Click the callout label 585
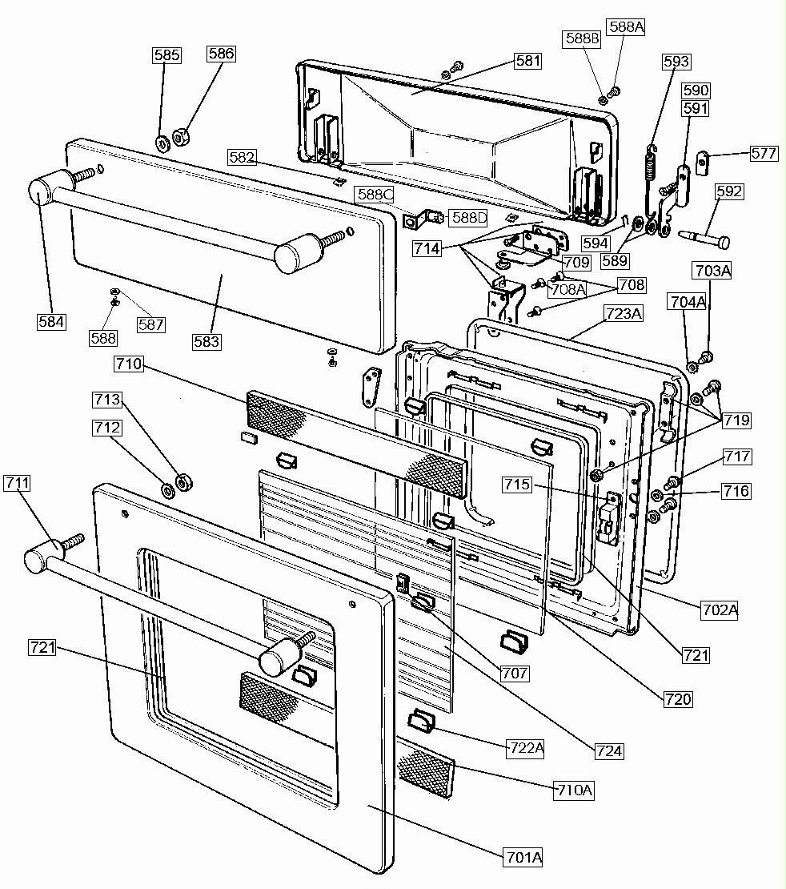click(166, 55)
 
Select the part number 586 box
click(221, 54)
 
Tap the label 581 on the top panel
click(527, 61)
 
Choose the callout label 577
click(763, 153)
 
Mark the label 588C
click(375, 195)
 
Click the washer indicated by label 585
click(162, 144)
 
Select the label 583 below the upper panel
click(206, 341)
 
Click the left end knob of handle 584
click(39, 192)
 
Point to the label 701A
click(523, 857)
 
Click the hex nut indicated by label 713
click(183, 482)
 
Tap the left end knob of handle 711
click(37, 560)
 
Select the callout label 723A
click(624, 314)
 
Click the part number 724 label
click(608, 750)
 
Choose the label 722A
click(526, 748)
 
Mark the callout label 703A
click(712, 271)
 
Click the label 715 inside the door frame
click(518, 485)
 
